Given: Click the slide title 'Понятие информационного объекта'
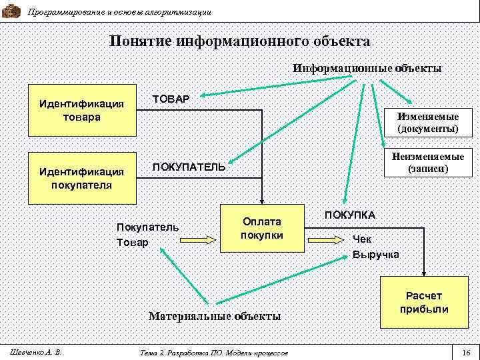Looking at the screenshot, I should (239, 41).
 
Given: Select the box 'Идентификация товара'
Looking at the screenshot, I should (81, 110).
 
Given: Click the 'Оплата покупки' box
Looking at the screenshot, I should (262, 228).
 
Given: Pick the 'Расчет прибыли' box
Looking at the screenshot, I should (424, 302).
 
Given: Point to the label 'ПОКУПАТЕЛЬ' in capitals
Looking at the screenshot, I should (189, 166).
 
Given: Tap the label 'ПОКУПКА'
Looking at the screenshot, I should (349, 215).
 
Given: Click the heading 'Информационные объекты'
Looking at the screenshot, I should (367, 68).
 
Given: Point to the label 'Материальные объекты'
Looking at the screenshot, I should (214, 315).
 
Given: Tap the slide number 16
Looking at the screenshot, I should (466, 351).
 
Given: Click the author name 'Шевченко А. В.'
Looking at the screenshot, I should (32, 351).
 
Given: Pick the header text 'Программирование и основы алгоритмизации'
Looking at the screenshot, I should (120, 12).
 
